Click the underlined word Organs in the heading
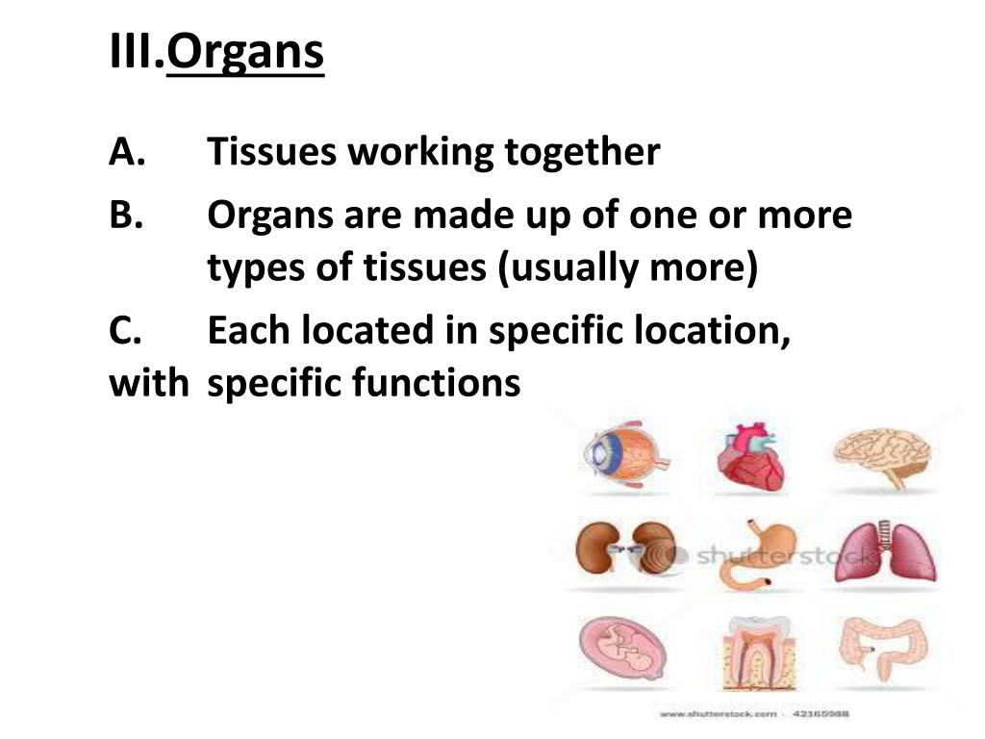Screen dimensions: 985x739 click(x=245, y=55)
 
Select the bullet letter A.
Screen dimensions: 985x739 click(x=126, y=152)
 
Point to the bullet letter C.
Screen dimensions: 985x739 click(x=126, y=331)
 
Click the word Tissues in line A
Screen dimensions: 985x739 click(x=271, y=152)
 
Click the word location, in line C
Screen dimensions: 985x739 click(x=701, y=331)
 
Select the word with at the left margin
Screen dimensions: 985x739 click(x=148, y=384)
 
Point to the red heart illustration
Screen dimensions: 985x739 click(x=751, y=457)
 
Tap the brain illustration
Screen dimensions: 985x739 click(x=882, y=453)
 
